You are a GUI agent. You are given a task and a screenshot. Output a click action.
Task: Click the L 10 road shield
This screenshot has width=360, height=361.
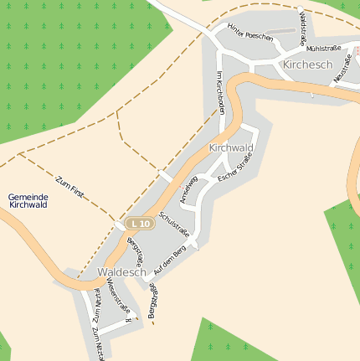tap(141, 224)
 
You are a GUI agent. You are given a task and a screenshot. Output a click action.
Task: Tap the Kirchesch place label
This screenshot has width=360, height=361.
tap(308, 64)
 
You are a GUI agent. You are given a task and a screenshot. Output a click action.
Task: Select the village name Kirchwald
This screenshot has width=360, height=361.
tap(231, 147)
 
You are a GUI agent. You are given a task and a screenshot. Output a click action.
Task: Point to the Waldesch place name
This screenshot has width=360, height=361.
tap(121, 272)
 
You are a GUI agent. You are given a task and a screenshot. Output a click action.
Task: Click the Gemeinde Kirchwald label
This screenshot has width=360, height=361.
tap(28, 201)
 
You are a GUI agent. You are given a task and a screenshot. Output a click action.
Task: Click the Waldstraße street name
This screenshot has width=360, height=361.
tap(302, 28)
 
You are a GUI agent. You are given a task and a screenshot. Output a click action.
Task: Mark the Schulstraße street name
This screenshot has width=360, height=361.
tap(174, 224)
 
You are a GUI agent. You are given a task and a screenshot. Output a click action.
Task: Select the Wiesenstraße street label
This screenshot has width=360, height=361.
tap(118, 299)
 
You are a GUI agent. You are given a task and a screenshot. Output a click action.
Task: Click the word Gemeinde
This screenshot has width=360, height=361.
tap(28, 197)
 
